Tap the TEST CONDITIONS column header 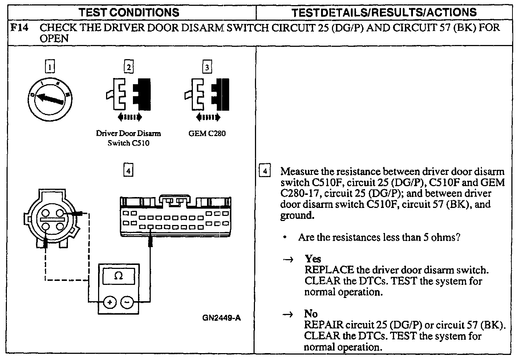[129, 12]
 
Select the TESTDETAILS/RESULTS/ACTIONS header [384, 12]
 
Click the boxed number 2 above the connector [129, 67]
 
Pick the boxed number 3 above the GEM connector [207, 67]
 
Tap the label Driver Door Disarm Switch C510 [129, 138]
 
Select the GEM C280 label [207, 133]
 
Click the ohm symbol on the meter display [118, 276]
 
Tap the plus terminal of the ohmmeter [110, 302]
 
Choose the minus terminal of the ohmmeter [127, 302]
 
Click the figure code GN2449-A [222, 318]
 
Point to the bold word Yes [313, 259]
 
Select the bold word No [311, 314]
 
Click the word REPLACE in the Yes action [329, 270]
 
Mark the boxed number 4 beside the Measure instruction [265, 171]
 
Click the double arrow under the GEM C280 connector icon [207, 117]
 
